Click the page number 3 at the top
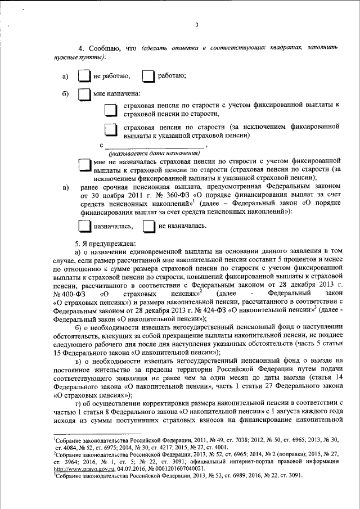196,24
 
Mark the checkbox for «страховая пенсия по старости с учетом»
111,109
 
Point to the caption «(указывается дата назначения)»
155,153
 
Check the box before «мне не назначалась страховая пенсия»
84,164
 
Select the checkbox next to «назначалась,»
84,226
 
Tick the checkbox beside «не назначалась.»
148,226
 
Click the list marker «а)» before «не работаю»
65,76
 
